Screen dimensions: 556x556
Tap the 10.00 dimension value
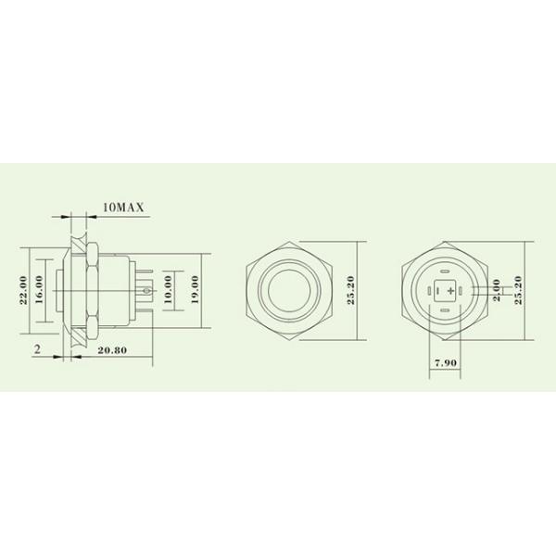168,293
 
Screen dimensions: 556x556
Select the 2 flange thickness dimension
36,349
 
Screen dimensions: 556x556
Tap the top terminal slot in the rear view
446,272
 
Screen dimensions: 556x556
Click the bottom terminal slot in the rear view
446,312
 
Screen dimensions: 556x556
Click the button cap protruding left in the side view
58,294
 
